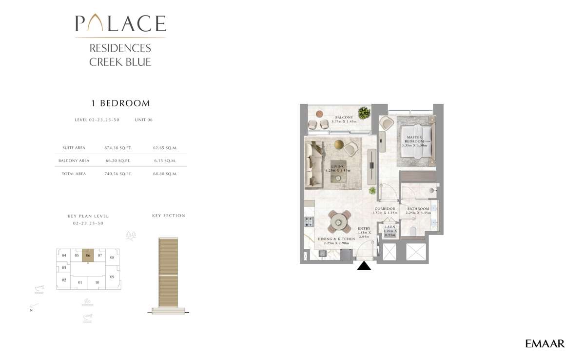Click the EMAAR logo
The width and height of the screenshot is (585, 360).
(545, 344)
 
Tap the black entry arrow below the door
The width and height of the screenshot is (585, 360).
(364, 266)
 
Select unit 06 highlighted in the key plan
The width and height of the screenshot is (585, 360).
(88, 255)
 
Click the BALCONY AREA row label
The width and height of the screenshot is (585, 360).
(74, 160)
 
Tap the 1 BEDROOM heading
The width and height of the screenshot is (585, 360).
(120, 103)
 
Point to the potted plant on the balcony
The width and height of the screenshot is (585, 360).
(363, 113)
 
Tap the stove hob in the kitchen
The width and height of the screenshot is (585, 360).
(309, 222)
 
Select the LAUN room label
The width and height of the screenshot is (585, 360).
(390, 227)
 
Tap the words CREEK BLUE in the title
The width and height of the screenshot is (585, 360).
(120, 62)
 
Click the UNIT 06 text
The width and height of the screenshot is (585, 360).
(143, 120)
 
